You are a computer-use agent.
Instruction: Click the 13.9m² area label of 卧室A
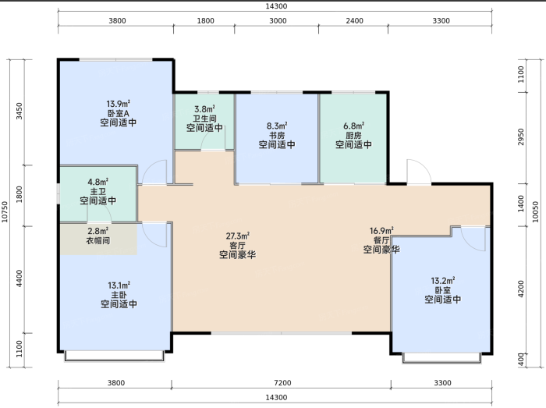pos(118,104)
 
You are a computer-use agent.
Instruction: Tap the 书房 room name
pos(277,135)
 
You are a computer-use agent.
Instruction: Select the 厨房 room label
pos(353,135)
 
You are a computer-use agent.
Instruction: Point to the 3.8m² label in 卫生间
pos(204,109)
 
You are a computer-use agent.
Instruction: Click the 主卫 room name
pos(97,191)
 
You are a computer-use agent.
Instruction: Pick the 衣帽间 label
pos(97,240)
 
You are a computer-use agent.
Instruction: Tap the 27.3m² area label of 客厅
pos(237,236)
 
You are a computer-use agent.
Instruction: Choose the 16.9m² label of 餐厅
pos(381,231)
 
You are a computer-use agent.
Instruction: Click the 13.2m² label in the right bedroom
pos(443,281)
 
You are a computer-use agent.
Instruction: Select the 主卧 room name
pos(119,295)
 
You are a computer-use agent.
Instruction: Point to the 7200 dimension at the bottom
pos(282,383)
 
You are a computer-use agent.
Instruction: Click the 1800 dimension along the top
pos(205,21)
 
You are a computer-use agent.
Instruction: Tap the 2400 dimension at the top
pos(354,21)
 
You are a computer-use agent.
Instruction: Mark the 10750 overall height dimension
pos(5,211)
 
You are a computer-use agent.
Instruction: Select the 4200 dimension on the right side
pos(520,289)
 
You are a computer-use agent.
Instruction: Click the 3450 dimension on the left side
pos(19,111)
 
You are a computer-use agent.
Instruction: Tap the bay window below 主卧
pos(114,357)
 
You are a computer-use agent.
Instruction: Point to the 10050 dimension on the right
pos(536,211)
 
